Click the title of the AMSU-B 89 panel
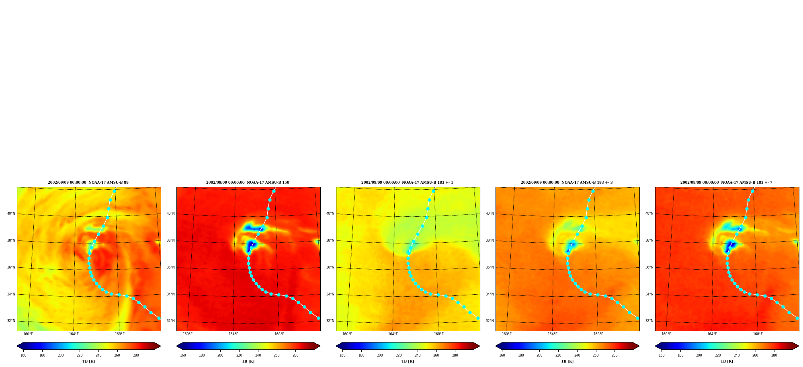[x=88, y=182]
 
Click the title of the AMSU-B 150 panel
[x=248, y=182]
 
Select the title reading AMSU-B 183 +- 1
[x=407, y=182]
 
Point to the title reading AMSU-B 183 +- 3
[x=567, y=182]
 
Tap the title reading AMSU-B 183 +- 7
[x=726, y=182]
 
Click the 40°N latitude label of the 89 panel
[x=11, y=213]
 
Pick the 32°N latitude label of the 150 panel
[x=171, y=321]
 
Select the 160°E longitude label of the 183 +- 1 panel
[x=347, y=334]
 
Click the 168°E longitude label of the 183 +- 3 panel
[x=598, y=334]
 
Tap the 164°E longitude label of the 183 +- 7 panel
[x=712, y=334]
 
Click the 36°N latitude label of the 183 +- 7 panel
[x=649, y=267]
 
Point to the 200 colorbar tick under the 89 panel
[x=61, y=355]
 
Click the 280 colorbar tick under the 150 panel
[x=295, y=355]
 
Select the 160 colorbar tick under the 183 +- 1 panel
[x=342, y=355]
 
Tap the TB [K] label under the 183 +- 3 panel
[x=567, y=361]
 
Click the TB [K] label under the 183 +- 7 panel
[x=727, y=361]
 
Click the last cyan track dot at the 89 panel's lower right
[x=159, y=318]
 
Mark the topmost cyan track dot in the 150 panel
[x=274, y=191]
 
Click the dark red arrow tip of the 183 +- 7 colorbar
[x=799, y=346]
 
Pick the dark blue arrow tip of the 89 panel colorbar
[x=17, y=346]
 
